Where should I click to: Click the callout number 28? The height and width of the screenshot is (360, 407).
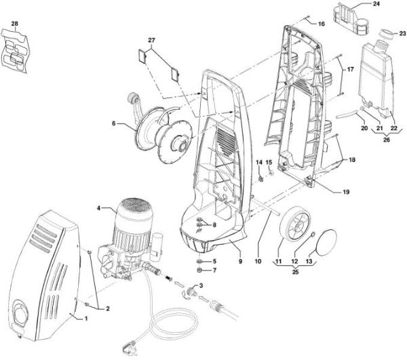15,25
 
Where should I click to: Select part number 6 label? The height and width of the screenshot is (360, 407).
113,124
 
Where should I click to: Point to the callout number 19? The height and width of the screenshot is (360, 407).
346,193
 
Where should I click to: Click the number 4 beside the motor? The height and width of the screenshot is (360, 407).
99,207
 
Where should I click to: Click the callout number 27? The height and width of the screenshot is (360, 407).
151,41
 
